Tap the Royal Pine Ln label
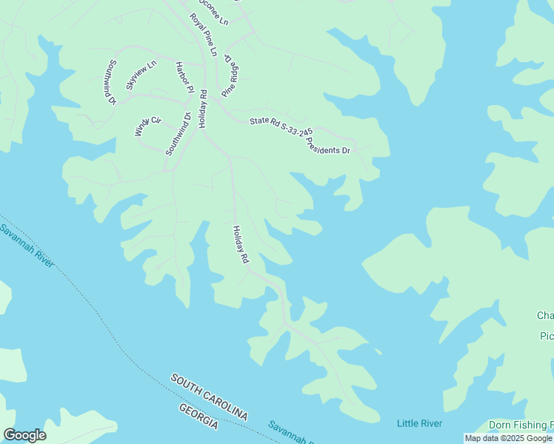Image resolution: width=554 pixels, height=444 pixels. coord(203,34)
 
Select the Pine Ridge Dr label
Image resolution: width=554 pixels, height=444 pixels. coord(232,76)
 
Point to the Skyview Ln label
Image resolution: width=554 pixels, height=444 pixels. coord(141,75)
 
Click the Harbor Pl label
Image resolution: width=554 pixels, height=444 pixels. coord(183,77)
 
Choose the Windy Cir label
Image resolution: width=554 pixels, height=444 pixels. coord(147,126)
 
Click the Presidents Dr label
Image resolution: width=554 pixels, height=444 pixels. coord(328,145)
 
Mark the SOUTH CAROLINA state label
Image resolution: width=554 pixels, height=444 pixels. coord(209,397)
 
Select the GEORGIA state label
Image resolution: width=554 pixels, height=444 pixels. coord(198,417)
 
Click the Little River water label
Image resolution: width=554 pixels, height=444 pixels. coord(419,423)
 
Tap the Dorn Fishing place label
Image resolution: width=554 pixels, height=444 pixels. coord(521,425)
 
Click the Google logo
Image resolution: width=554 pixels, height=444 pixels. coord(24,435)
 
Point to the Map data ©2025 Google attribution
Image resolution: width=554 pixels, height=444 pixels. coord(508,438)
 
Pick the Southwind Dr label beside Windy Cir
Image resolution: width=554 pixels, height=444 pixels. coord(178,133)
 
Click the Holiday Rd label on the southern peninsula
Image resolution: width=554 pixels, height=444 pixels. coord(240,245)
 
